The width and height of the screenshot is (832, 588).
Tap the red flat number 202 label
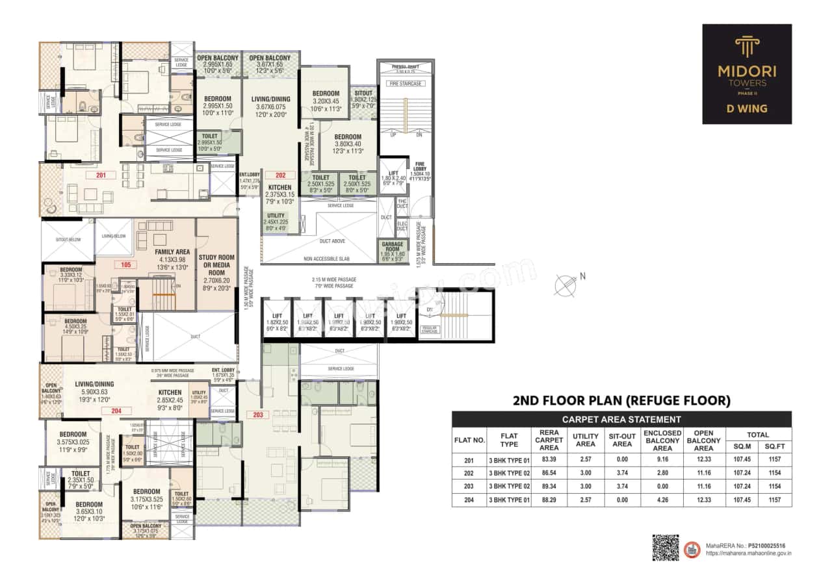click(x=281, y=175)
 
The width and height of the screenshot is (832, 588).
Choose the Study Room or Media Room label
click(x=217, y=266)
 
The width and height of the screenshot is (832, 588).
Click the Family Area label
click(x=172, y=251)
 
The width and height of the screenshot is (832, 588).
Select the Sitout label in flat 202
click(x=363, y=94)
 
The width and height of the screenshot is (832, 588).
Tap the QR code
click(x=665, y=547)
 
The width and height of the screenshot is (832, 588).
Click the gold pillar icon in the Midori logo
click(x=747, y=47)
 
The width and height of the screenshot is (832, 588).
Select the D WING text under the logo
click(x=747, y=109)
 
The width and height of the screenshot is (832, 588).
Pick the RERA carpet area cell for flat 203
click(x=549, y=485)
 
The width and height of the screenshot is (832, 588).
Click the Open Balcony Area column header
click(x=703, y=441)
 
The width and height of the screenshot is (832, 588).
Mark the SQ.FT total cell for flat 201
click(x=775, y=459)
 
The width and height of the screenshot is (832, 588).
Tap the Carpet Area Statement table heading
click(x=621, y=419)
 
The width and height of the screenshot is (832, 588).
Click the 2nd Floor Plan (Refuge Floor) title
click(x=621, y=401)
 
